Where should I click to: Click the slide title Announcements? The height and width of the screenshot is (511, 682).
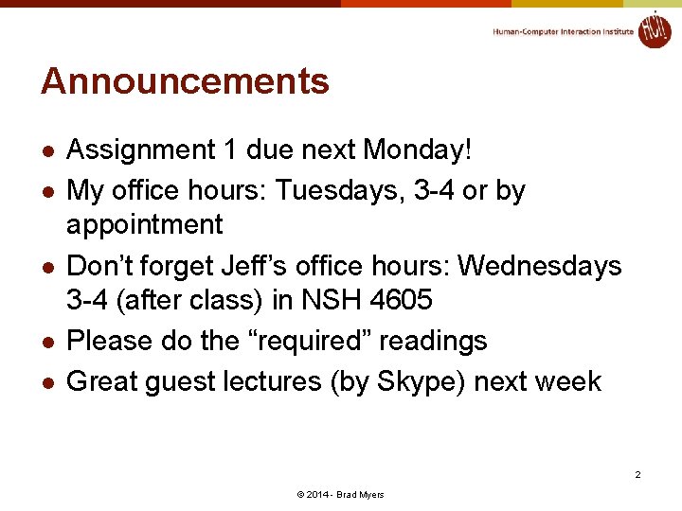click(x=185, y=81)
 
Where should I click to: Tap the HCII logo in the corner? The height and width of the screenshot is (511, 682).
click(x=654, y=29)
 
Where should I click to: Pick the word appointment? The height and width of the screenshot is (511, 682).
click(x=145, y=225)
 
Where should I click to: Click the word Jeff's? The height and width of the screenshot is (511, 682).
click(x=270, y=266)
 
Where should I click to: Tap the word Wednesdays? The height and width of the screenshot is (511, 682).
click(x=540, y=266)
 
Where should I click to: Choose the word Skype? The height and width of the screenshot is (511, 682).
click(x=412, y=381)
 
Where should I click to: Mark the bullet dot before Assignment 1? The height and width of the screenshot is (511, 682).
click(x=48, y=151)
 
